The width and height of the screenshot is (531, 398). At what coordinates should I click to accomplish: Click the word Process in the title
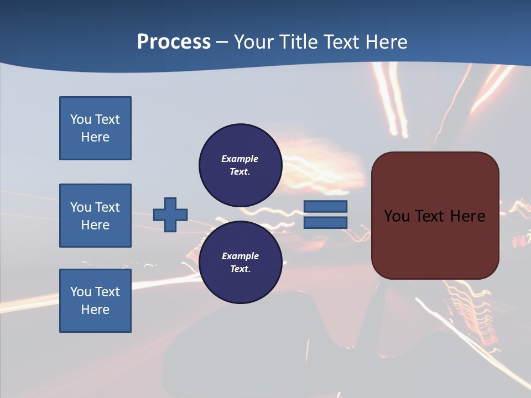pyautogui.click(x=174, y=41)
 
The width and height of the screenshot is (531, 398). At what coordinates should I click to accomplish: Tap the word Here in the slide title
pyautogui.click(x=387, y=41)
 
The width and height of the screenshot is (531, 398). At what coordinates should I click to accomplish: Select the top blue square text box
pyautogui.click(x=95, y=128)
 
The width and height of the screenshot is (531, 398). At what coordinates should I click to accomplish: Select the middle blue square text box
pyautogui.click(x=95, y=216)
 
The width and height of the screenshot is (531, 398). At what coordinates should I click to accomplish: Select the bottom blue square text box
pyautogui.click(x=95, y=301)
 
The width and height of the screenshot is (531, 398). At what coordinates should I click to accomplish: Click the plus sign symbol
pyautogui.click(x=170, y=214)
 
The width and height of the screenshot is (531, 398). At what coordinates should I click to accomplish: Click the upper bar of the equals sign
pyautogui.click(x=325, y=206)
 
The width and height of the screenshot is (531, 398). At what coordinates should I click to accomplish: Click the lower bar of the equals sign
pyautogui.click(x=325, y=222)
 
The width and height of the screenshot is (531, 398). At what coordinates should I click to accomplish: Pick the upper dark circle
pyautogui.click(x=240, y=165)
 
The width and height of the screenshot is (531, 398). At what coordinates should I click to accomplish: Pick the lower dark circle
pyautogui.click(x=240, y=262)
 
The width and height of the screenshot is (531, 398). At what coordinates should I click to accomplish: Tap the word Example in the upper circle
pyautogui.click(x=240, y=159)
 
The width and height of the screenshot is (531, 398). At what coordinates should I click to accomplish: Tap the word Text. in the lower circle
pyautogui.click(x=240, y=269)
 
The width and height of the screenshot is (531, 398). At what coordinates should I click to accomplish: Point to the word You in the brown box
pyautogui.click(x=395, y=216)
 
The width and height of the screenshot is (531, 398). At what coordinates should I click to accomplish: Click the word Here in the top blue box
pyautogui.click(x=95, y=137)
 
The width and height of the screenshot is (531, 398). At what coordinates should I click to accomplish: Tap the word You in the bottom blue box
pyautogui.click(x=81, y=292)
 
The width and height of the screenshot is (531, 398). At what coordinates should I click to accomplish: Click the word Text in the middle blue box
pyautogui.click(x=107, y=207)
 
